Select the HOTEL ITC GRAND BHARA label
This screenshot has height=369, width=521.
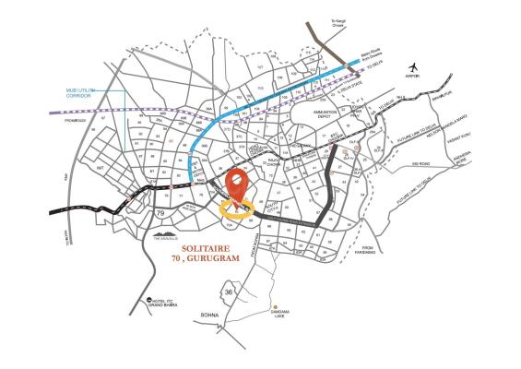172,305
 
